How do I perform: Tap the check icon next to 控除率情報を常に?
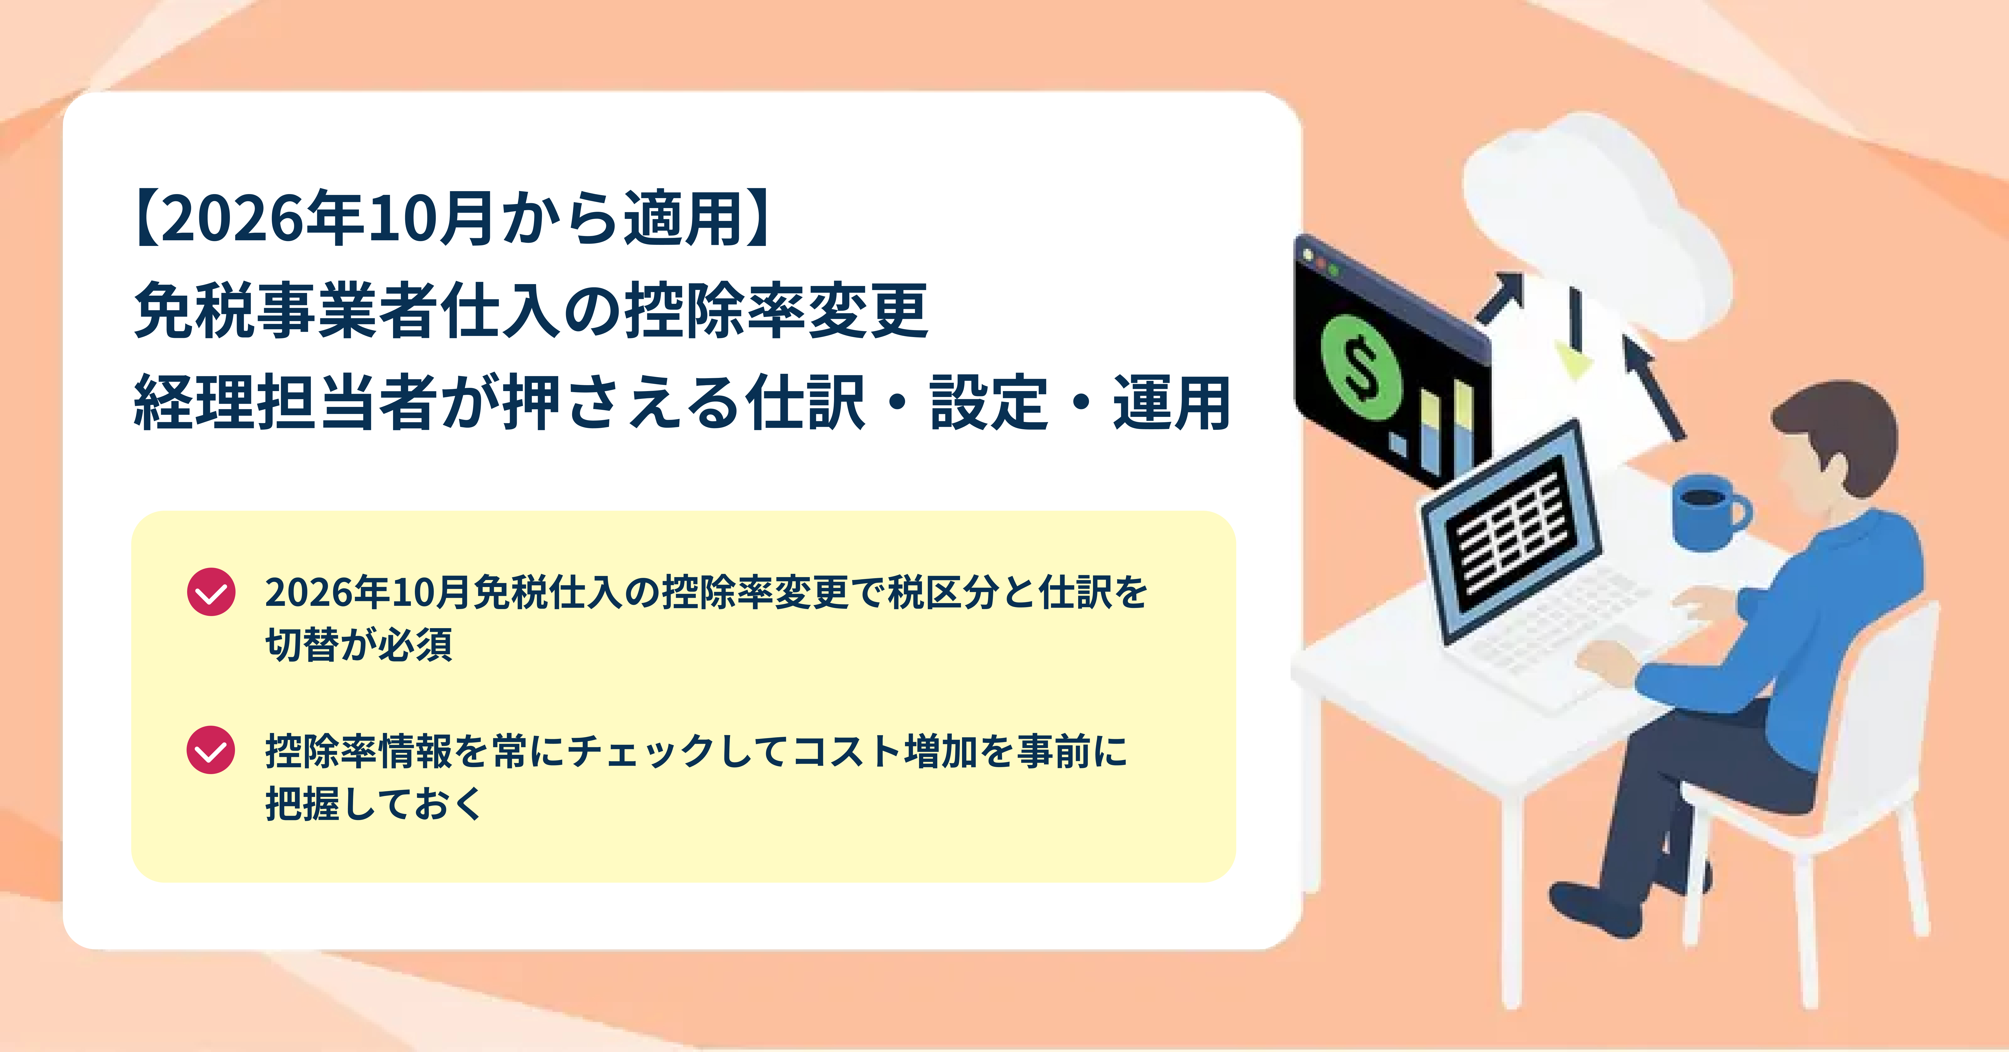pyautogui.click(x=211, y=750)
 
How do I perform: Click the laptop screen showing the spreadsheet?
pyautogui.click(x=1509, y=530)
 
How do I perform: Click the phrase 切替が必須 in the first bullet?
pyautogui.click(x=359, y=644)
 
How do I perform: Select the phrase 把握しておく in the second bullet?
pyautogui.click(x=374, y=803)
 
